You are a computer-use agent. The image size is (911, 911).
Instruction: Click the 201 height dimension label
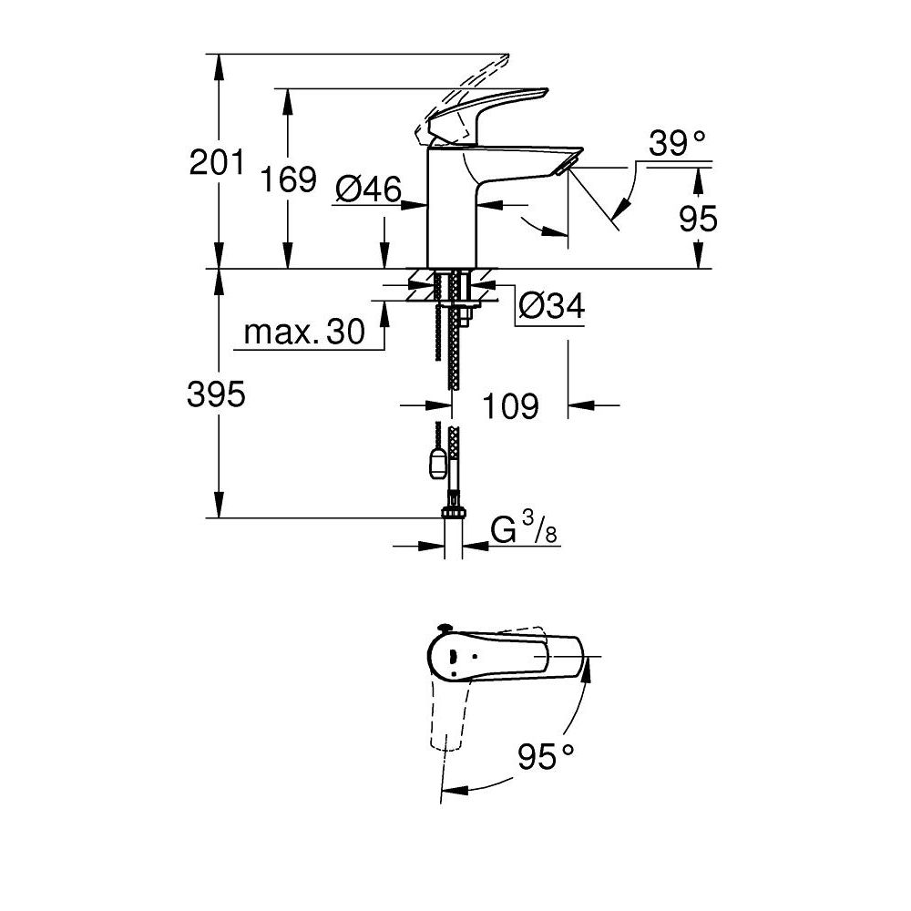click(217, 164)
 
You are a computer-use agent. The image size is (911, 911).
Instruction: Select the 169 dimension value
click(289, 179)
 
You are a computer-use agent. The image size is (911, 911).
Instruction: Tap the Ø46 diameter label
click(368, 189)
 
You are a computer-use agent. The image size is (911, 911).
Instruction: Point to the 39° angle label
click(677, 142)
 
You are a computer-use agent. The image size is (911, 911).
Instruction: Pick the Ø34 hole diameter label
click(551, 307)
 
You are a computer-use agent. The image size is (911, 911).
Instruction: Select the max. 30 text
click(304, 333)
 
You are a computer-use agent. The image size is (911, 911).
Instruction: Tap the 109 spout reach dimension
click(509, 406)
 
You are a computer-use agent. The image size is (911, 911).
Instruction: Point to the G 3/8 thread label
click(524, 531)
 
